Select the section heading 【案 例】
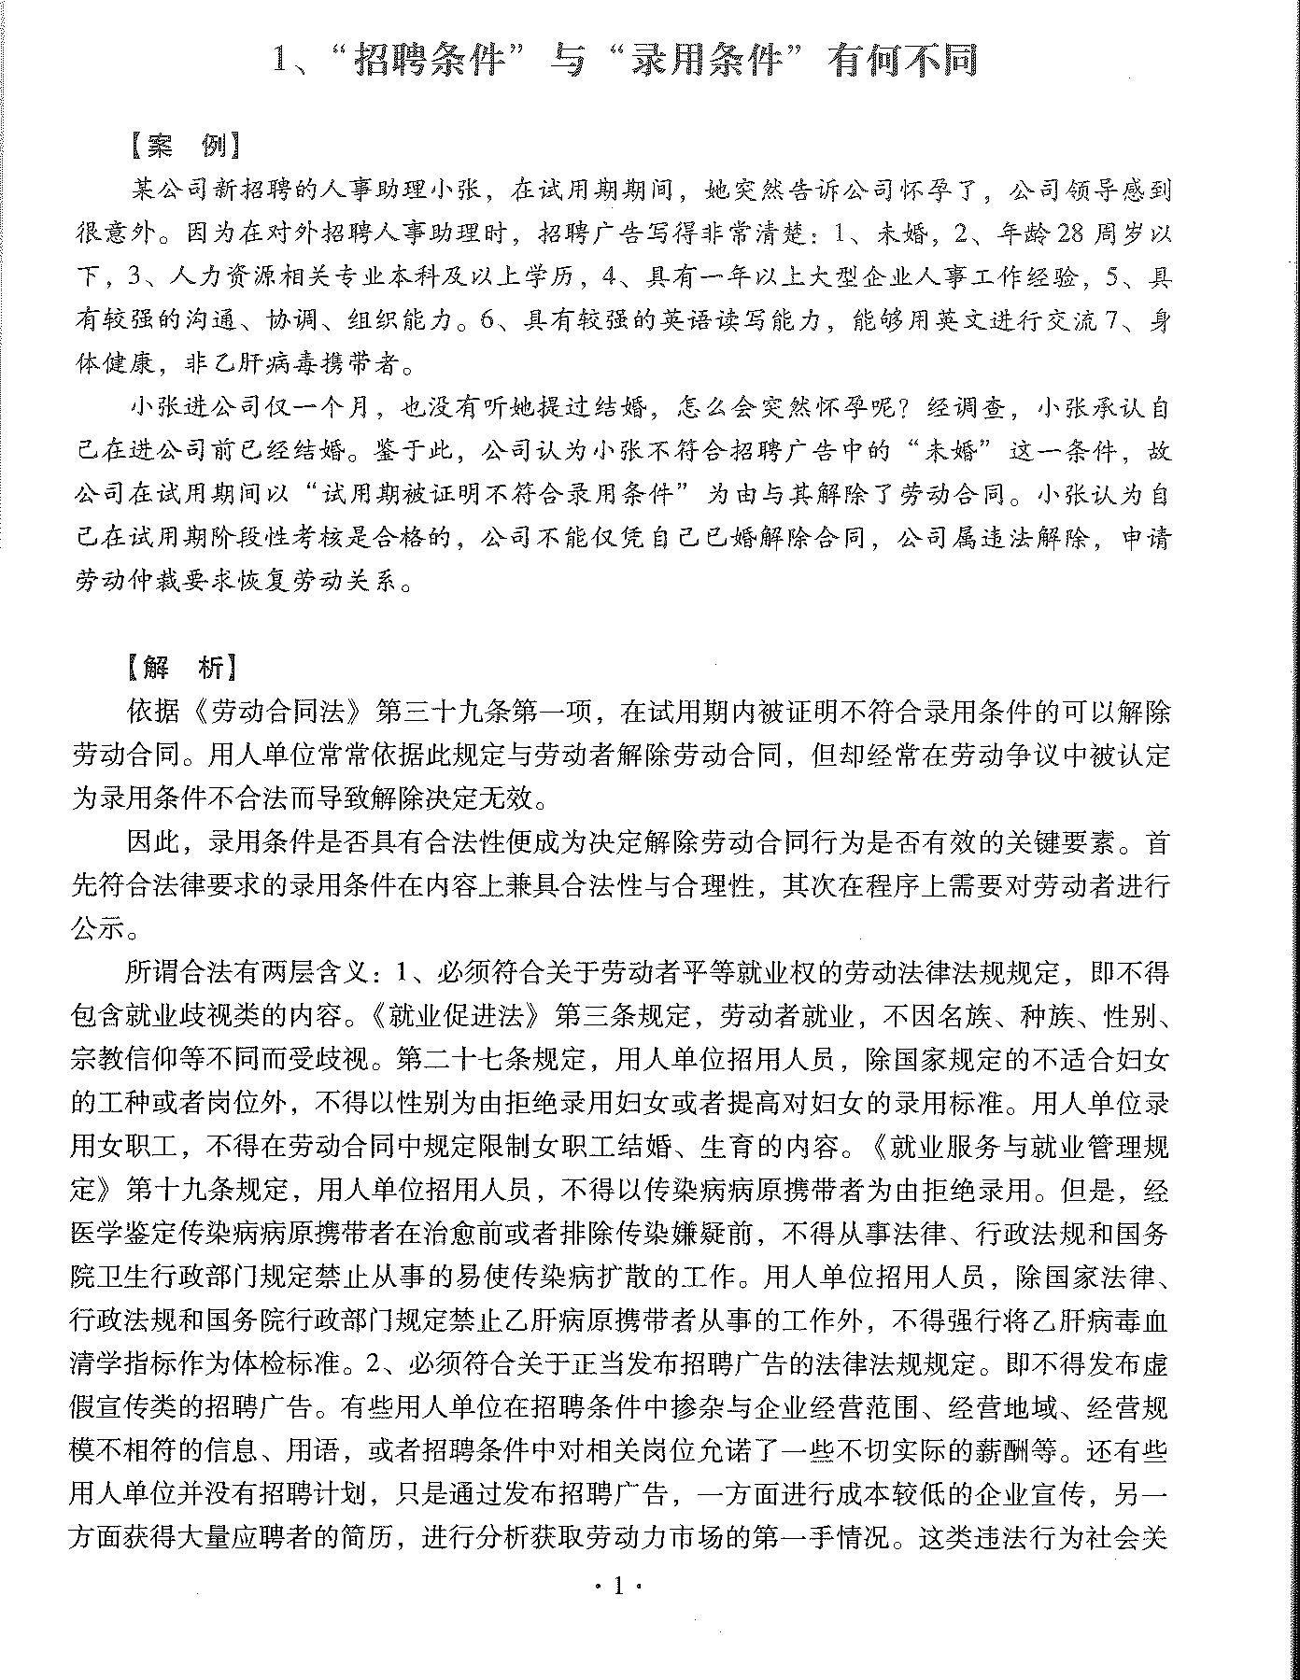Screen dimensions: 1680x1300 pyautogui.click(x=185, y=148)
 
